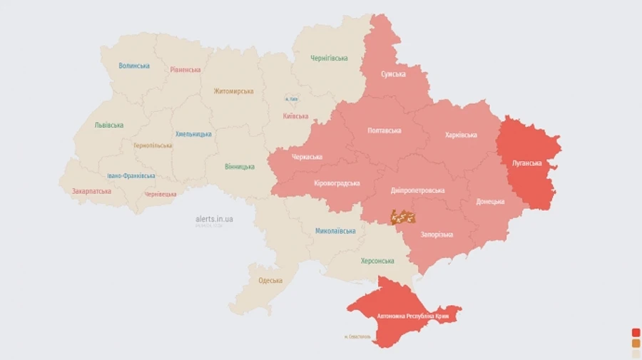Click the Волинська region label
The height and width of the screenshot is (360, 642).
[x=134, y=66]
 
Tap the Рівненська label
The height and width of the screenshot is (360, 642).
[x=185, y=70]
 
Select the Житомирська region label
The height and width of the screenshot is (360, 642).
[x=233, y=91]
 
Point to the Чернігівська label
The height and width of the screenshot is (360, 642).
[x=329, y=58]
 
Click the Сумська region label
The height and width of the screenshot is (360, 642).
[x=393, y=74]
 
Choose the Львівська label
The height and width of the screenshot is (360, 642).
[x=109, y=125]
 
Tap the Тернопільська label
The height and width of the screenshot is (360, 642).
[x=153, y=145]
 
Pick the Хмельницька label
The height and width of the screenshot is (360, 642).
[x=193, y=134]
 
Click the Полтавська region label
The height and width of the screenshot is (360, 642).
[x=384, y=130]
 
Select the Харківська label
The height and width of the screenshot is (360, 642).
[x=461, y=135]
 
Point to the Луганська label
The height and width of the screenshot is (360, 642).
[x=527, y=163]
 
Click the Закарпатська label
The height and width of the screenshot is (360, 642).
[x=91, y=191]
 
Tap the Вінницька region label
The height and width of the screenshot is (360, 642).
[x=240, y=167]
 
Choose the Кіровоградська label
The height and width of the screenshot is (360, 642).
[x=337, y=183]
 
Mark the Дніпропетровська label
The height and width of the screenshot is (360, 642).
[x=418, y=190]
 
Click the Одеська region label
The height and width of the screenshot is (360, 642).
[x=270, y=280]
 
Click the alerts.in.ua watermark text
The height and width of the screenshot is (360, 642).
[x=214, y=219]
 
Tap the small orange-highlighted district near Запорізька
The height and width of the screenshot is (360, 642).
[x=403, y=216]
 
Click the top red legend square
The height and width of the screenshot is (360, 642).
[x=636, y=332]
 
